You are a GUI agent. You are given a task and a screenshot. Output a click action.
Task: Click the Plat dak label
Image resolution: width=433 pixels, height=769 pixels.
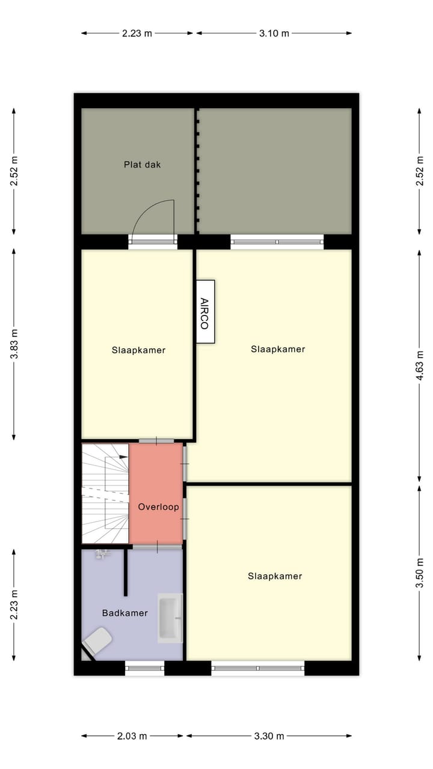(143, 164)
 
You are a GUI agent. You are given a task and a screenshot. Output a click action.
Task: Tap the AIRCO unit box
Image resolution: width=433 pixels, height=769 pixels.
(204, 312)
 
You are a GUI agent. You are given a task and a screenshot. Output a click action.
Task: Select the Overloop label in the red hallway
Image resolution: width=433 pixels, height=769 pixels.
(158, 506)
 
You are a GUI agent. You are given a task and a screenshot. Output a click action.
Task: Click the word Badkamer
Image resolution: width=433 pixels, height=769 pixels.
(124, 613)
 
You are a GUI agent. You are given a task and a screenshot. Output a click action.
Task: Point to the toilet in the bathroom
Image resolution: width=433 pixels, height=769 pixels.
(97, 640)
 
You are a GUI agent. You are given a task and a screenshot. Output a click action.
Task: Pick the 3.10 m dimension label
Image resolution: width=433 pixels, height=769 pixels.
(274, 33)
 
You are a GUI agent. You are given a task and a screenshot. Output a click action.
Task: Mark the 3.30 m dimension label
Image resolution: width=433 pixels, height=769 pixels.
(269, 735)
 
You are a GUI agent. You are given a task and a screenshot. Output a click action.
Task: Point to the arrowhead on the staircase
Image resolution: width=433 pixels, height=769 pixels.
(123, 457)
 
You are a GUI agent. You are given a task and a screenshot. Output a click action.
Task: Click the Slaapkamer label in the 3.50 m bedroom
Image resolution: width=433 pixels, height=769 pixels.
(275, 576)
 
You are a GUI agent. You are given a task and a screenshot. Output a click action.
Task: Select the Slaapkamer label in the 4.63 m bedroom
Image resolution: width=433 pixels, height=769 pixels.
(278, 348)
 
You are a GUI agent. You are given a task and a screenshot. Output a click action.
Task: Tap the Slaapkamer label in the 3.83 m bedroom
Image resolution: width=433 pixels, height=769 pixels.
(138, 350)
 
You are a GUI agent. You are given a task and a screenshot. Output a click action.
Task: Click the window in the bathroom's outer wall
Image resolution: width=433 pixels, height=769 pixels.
(144, 667)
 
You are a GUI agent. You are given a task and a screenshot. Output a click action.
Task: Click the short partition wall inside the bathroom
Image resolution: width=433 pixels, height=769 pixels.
(126, 573)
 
